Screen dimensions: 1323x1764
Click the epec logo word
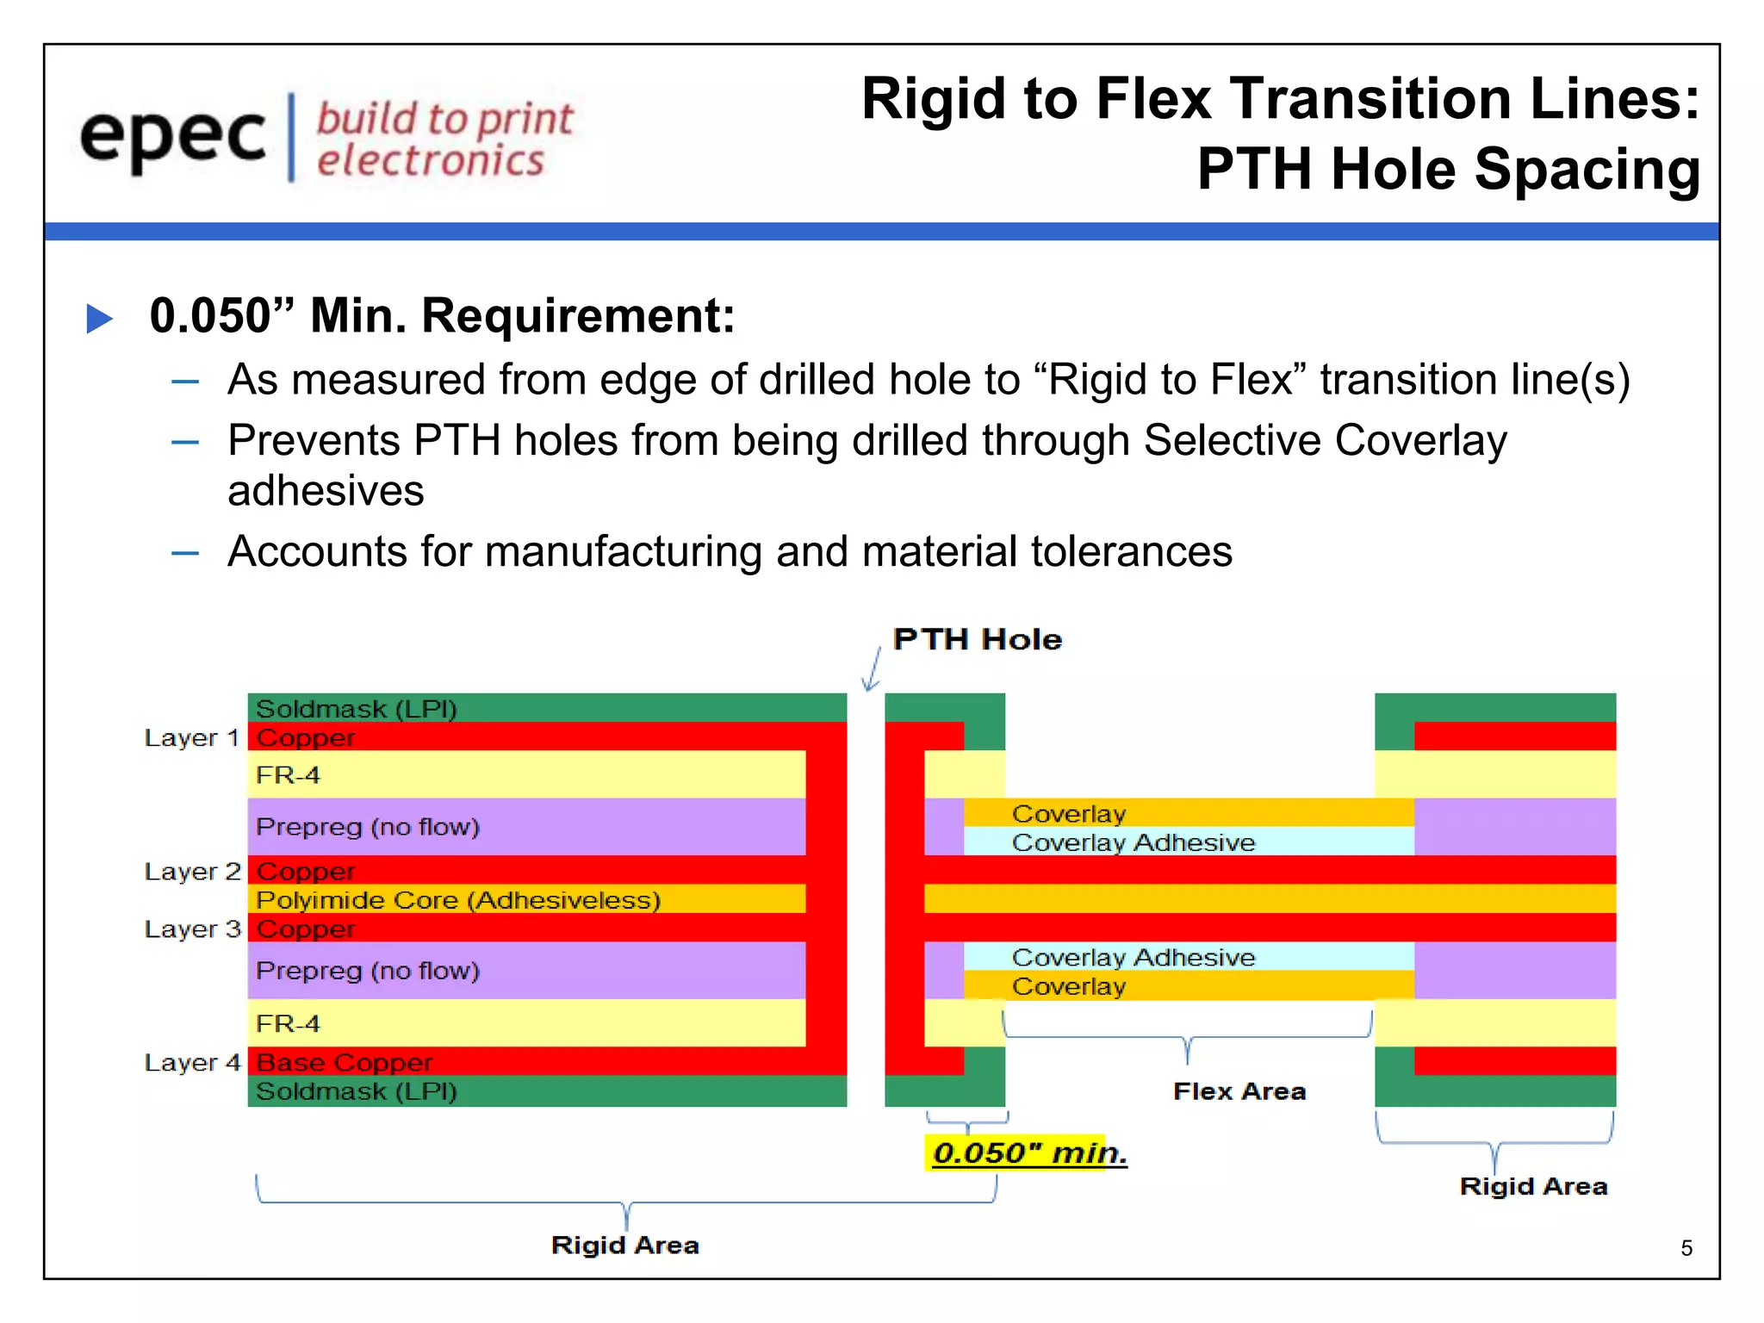pyautogui.click(x=172, y=138)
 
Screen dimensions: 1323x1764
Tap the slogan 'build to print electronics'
pyautogui.click(x=444, y=140)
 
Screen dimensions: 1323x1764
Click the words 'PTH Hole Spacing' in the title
pyautogui.click(x=1448, y=169)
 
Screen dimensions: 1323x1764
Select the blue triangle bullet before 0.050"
pyautogui.click(x=100, y=318)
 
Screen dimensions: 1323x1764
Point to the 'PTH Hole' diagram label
pyautogui.click(x=977, y=639)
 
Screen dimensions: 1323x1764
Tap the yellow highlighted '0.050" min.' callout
pyautogui.click(x=1028, y=1152)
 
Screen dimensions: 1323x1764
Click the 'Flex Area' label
pyautogui.click(x=1239, y=1091)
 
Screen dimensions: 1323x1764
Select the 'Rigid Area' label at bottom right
pyautogui.click(x=1532, y=1186)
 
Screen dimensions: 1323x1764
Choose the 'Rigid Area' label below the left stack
pyautogui.click(x=624, y=1245)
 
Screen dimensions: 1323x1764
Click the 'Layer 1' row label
pyautogui.click(x=191, y=738)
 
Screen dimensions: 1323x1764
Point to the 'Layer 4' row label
pyautogui.click(x=191, y=1063)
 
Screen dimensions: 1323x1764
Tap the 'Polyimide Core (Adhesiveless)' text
pyautogui.click(x=458, y=900)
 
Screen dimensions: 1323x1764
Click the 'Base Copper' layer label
pyautogui.click(x=345, y=1062)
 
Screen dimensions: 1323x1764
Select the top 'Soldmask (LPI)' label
pyautogui.click(x=356, y=709)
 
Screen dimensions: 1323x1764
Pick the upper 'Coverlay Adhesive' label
pyautogui.click(x=1133, y=842)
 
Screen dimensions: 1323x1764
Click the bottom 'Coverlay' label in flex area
pyautogui.click(x=1068, y=986)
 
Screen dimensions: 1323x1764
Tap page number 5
pyautogui.click(x=1686, y=1248)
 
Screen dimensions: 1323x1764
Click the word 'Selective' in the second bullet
pyautogui.click(x=1231, y=441)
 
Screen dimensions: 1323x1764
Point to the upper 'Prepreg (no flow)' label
pyautogui.click(x=367, y=827)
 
